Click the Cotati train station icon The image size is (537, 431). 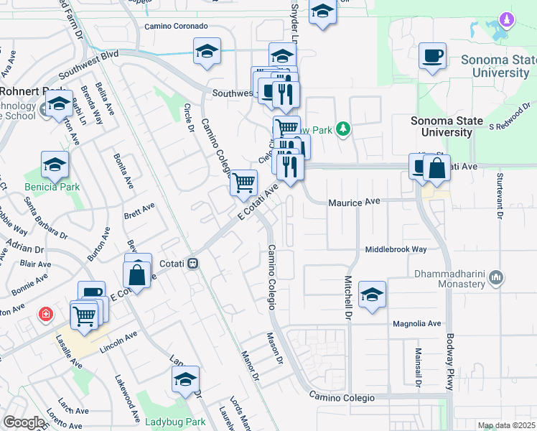click(x=192, y=264)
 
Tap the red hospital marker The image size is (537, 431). click(x=46, y=315)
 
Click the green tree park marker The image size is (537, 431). click(x=344, y=129)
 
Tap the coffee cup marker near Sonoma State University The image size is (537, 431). click(x=432, y=56)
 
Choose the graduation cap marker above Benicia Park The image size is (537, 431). click(x=55, y=165)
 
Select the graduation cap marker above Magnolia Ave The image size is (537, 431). click(x=372, y=295)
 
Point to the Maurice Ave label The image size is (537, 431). click(x=354, y=203)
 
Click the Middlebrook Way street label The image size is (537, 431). click(x=396, y=249)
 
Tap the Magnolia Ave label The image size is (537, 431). click(x=416, y=324)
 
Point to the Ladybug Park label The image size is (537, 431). click(x=175, y=422)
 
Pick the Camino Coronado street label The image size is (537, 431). click(x=176, y=26)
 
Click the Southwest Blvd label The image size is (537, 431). click(x=88, y=63)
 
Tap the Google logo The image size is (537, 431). click(x=24, y=422)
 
